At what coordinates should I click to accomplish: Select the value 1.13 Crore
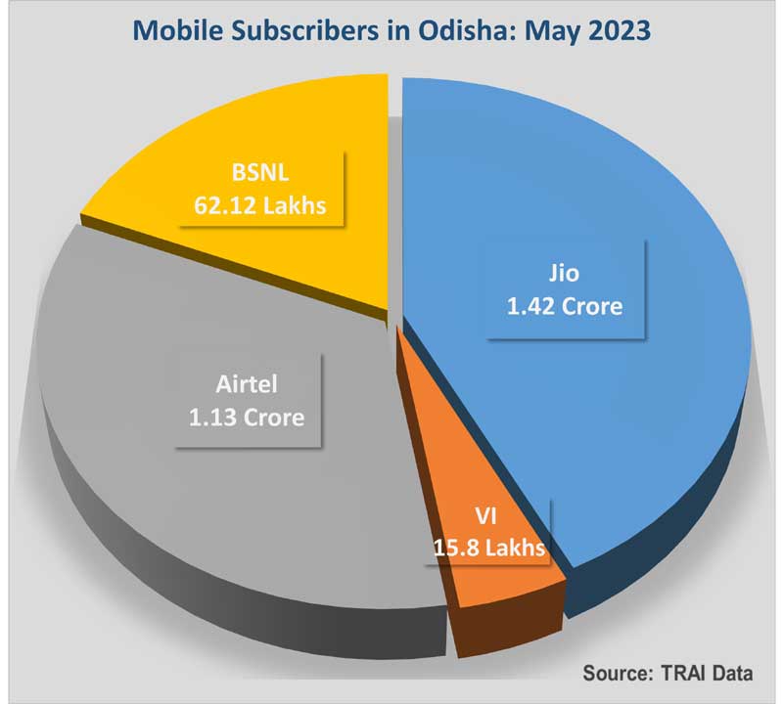point(246,418)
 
